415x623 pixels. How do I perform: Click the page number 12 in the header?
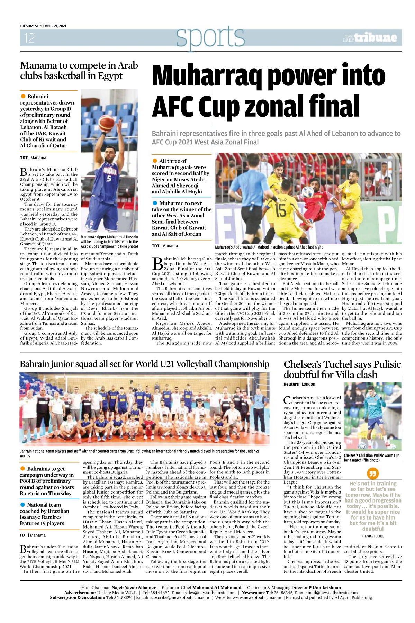click(29, 38)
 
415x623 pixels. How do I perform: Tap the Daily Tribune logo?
click(370, 37)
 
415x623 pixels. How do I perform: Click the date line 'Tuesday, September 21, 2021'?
click(43, 26)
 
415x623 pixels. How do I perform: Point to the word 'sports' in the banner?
click(210, 36)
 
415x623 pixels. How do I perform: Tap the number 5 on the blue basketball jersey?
click(109, 179)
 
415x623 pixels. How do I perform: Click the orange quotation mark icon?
click(373, 473)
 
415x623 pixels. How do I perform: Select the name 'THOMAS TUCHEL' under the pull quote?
click(373, 536)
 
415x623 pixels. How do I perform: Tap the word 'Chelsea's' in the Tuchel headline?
click(303, 364)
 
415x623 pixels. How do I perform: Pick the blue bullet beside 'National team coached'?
click(23, 505)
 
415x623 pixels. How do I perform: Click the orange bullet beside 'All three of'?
click(155, 161)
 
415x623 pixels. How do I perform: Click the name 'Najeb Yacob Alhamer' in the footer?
click(134, 587)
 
